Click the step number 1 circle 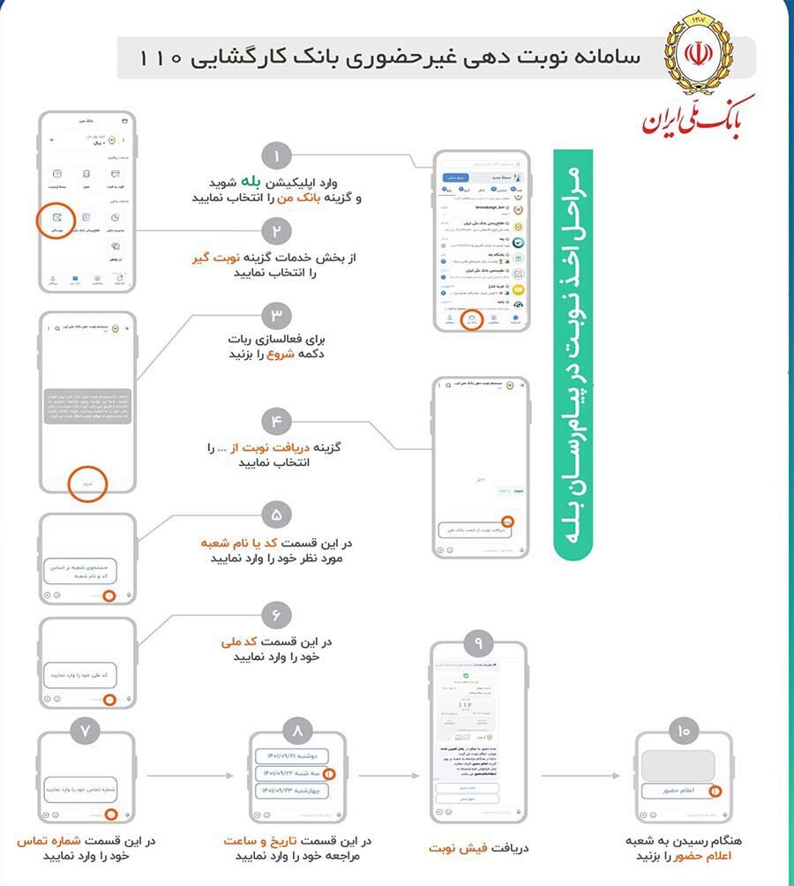[276, 157]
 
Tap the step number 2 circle [276, 232]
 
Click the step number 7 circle [86, 731]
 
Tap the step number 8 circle [296, 731]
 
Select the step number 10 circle [684, 731]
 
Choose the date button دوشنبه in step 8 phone [291, 756]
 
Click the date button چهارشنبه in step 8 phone [291, 790]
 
